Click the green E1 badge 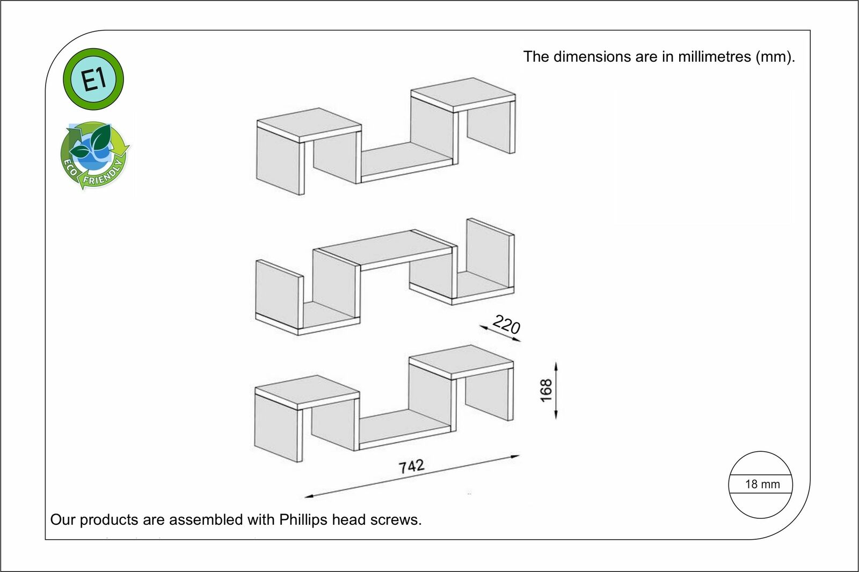point(93,79)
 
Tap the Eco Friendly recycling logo point(95,156)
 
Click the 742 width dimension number point(411,466)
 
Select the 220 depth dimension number point(506,325)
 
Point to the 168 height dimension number point(546,390)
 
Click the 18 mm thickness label point(762,484)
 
